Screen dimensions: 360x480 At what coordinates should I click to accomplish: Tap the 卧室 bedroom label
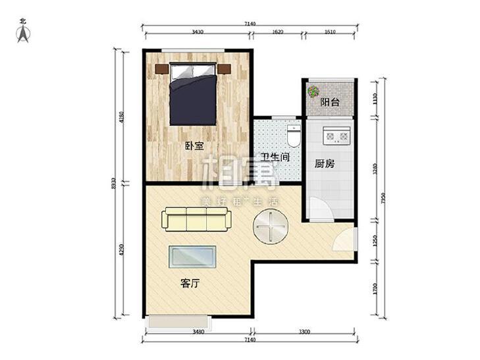click(194, 146)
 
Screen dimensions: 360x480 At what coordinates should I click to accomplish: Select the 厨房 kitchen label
click(325, 163)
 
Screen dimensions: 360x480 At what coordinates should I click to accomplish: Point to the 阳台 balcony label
click(330, 103)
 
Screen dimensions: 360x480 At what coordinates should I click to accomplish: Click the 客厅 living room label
click(190, 284)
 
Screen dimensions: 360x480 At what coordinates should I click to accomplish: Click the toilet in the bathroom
click(294, 137)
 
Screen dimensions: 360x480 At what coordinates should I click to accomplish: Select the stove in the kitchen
click(337, 138)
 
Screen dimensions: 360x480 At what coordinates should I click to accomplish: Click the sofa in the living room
click(196, 219)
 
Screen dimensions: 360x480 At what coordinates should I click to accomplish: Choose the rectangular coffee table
click(193, 257)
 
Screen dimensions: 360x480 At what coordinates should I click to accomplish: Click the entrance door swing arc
click(344, 240)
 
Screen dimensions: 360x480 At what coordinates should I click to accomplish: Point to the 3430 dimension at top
click(198, 32)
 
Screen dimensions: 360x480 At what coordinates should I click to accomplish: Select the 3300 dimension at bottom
click(304, 331)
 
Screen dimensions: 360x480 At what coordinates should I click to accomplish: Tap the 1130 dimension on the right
click(375, 99)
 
